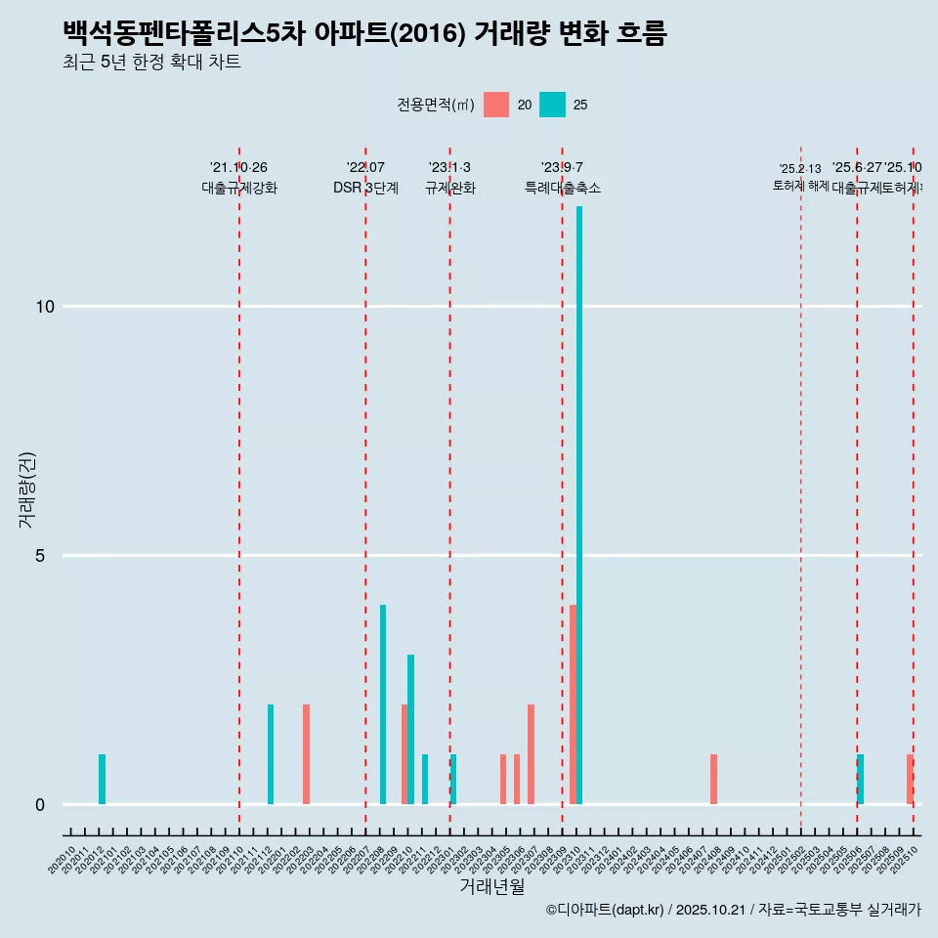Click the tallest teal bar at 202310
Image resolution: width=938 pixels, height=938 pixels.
tap(579, 504)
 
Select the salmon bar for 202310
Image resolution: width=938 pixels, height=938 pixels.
tap(573, 703)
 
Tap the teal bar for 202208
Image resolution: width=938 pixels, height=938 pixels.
tap(383, 703)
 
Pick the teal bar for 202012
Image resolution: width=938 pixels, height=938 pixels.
tap(102, 779)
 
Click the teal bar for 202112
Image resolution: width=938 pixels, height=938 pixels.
tap(271, 754)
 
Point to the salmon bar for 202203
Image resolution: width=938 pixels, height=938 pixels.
tap(306, 754)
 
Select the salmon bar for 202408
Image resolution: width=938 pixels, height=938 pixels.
tap(713, 779)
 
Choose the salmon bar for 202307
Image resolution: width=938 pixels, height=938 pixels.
tap(531, 754)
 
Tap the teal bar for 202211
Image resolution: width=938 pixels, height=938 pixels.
tap(425, 779)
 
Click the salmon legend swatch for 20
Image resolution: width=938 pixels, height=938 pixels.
tap(496, 105)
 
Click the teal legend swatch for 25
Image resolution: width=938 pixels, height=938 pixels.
tap(552, 105)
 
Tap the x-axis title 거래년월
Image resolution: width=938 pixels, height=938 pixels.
tap(491, 887)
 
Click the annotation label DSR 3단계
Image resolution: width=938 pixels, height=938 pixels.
tap(365, 188)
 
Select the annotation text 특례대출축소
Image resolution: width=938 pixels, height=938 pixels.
tap(562, 188)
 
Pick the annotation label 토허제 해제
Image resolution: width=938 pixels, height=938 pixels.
tap(800, 185)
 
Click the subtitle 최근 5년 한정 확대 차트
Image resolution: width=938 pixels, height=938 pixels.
tap(151, 63)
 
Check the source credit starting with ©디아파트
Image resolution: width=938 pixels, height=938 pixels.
tap(733, 910)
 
